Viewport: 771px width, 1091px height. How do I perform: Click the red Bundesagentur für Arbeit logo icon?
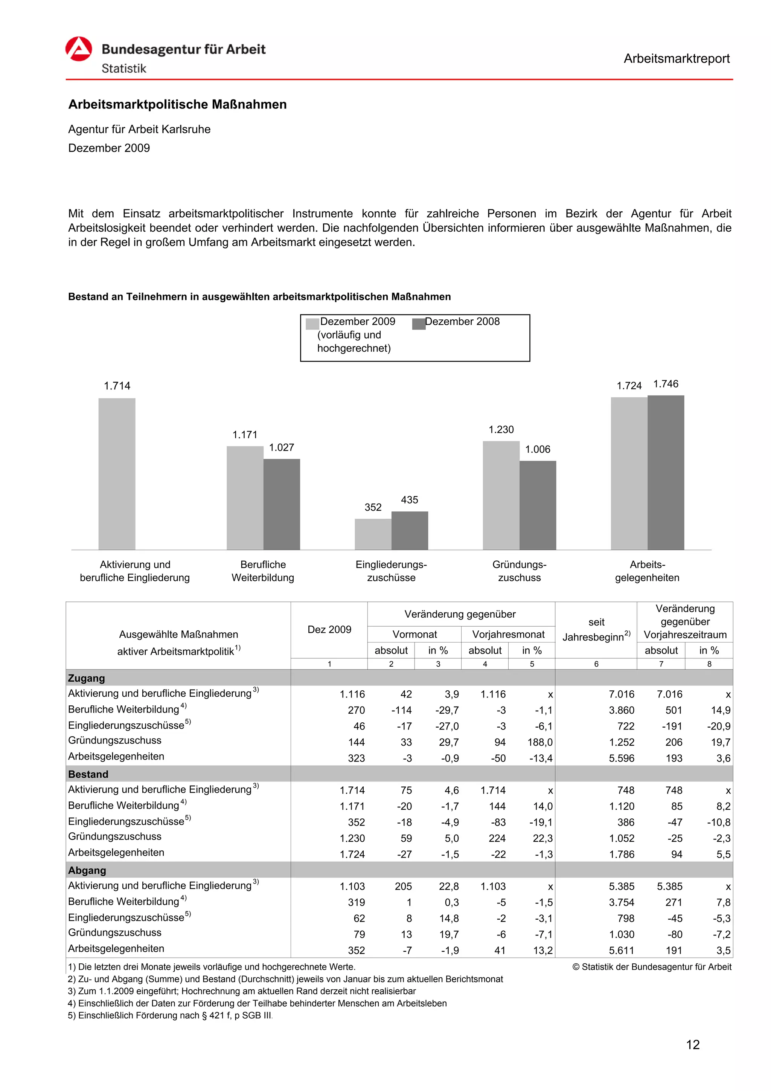78,49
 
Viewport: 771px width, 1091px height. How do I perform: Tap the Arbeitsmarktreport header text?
676,58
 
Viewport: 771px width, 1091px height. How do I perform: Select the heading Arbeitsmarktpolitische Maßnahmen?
177,105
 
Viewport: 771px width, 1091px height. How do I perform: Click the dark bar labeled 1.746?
666,472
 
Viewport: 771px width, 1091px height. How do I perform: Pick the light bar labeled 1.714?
117,474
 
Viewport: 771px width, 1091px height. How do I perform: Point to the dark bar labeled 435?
410,530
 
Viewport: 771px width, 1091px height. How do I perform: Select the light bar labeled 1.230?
501,495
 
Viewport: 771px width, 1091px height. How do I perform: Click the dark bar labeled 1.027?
282,504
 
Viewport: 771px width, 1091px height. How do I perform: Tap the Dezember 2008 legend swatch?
419,324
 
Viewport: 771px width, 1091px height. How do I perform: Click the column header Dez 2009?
329,629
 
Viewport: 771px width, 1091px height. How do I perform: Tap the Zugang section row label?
87,678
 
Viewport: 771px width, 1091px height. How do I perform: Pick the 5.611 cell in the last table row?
622,951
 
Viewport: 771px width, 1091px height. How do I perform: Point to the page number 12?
693,1044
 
